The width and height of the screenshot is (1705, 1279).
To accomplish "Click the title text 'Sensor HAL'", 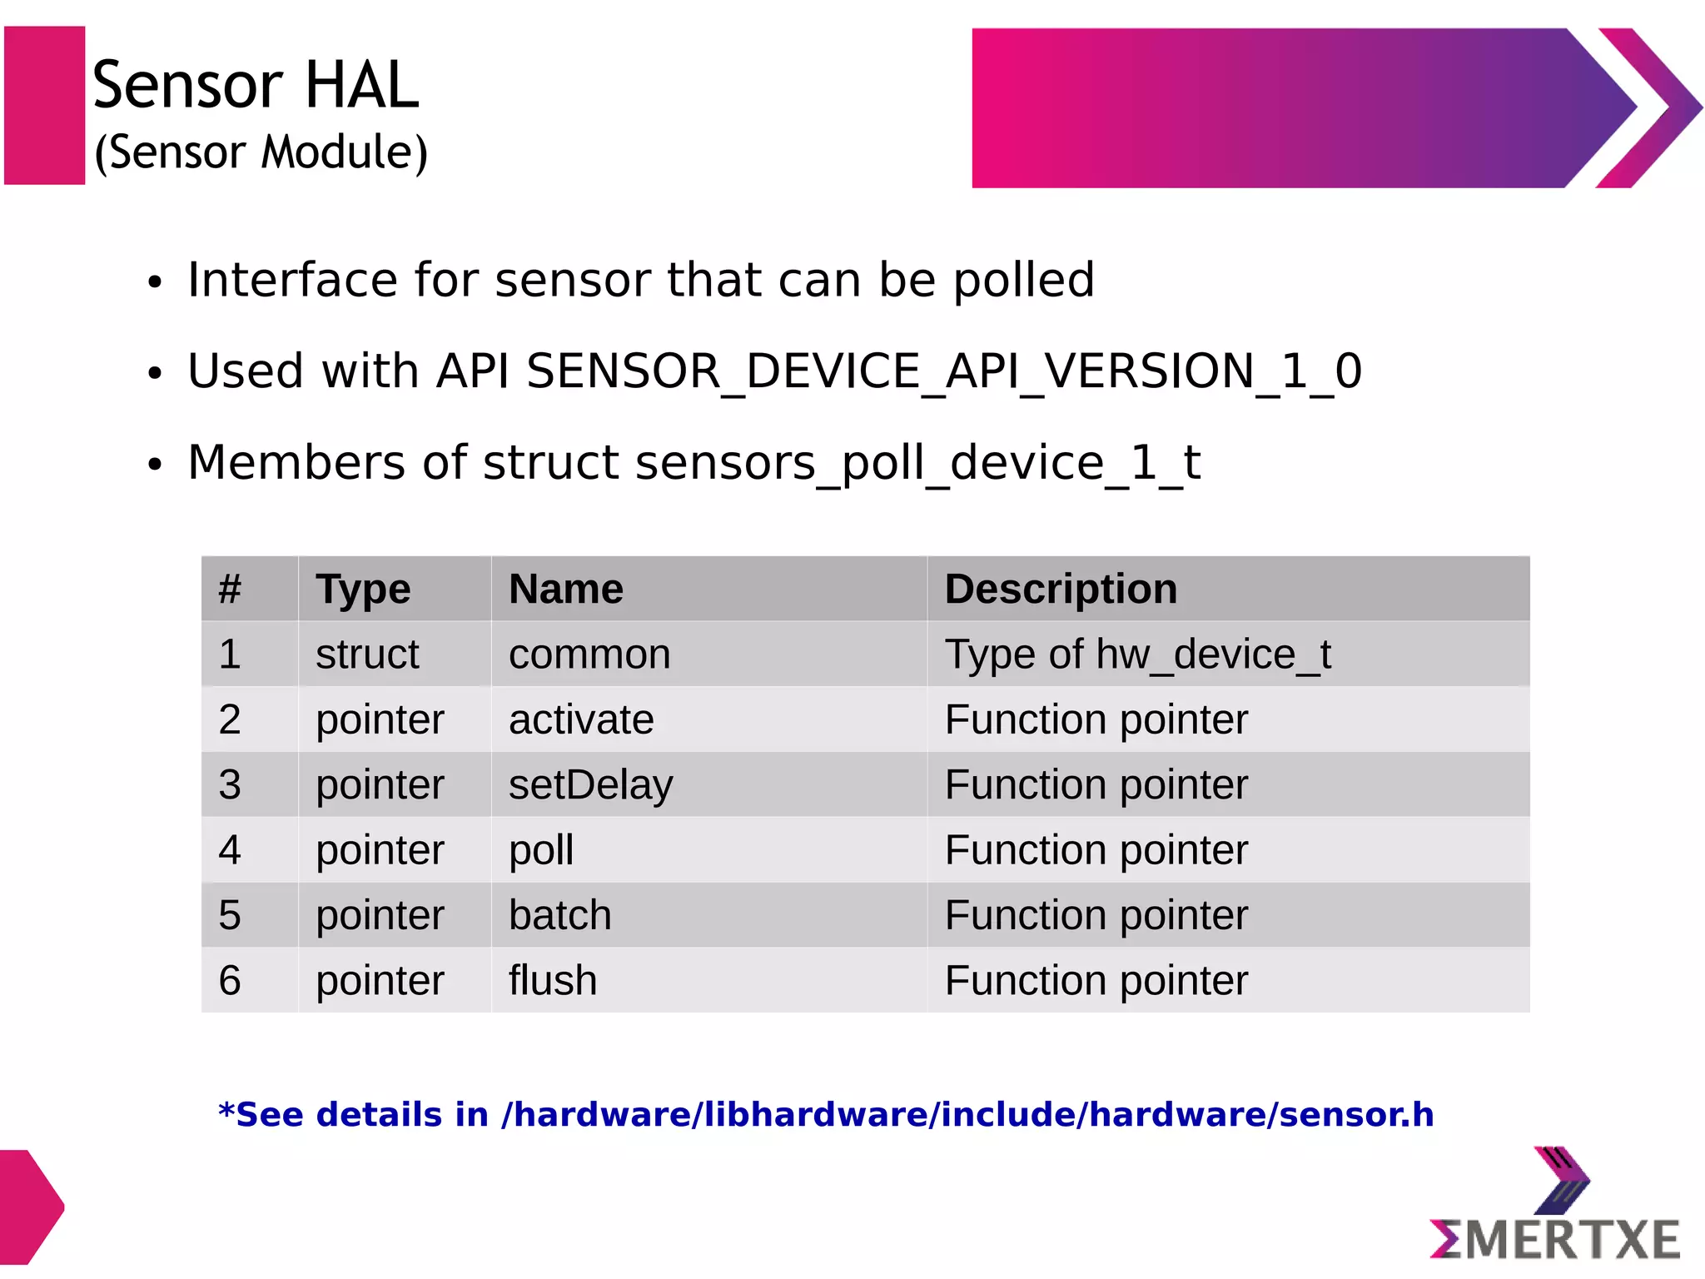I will pyautogui.click(x=255, y=85).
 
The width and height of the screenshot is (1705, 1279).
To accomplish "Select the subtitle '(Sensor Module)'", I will pyautogui.click(x=261, y=152).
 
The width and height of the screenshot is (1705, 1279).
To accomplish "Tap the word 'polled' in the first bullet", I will pyautogui.click(x=1023, y=280).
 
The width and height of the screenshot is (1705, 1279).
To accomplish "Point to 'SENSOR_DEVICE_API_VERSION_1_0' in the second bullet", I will pyautogui.click(x=943, y=371).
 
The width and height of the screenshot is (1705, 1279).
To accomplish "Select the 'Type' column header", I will pyautogui.click(x=363, y=590).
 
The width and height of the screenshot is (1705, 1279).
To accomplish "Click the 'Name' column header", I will pyautogui.click(x=566, y=590).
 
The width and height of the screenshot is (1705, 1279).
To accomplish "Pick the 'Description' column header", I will pyautogui.click(x=1061, y=590).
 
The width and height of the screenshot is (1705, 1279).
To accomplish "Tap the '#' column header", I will pyautogui.click(x=230, y=590).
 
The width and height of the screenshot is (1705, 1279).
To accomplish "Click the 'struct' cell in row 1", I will pyautogui.click(x=367, y=654).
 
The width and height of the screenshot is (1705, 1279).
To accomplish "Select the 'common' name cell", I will pyautogui.click(x=589, y=654).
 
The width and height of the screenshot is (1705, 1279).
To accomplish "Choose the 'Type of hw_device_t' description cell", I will pyautogui.click(x=1137, y=654).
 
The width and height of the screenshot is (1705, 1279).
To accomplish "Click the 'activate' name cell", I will pyautogui.click(x=581, y=719).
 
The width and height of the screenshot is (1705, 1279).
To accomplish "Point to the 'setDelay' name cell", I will pyautogui.click(x=590, y=785).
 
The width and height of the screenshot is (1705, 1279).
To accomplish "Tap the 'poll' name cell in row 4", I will pyautogui.click(x=541, y=850).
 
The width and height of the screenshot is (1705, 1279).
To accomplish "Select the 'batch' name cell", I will pyautogui.click(x=559, y=915).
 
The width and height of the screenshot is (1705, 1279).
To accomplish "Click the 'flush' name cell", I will pyautogui.click(x=553, y=981).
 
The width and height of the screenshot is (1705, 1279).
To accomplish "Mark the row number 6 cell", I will pyautogui.click(x=230, y=981).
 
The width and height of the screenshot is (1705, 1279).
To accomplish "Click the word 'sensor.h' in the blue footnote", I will pyautogui.click(x=1356, y=1115).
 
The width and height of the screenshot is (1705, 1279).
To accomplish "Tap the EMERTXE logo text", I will pyautogui.click(x=1554, y=1240).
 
